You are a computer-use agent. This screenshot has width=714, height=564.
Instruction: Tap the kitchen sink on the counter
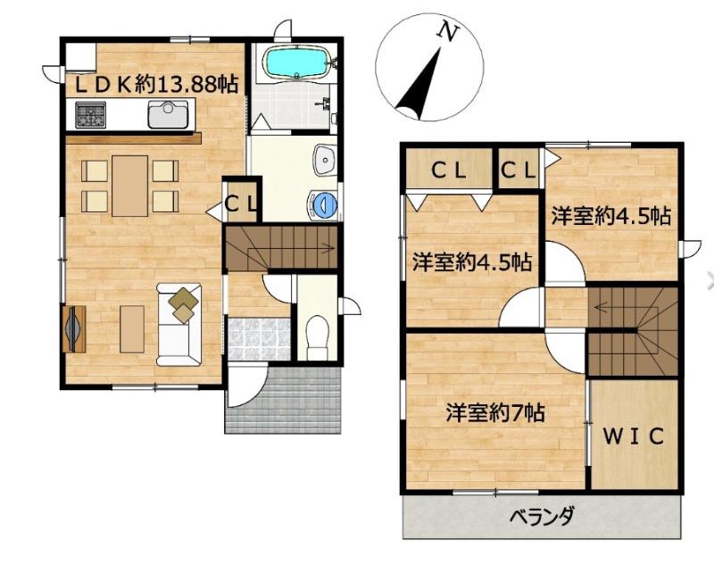168,114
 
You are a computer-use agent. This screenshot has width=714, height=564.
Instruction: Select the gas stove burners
91,114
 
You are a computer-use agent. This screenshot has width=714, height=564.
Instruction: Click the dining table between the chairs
129,186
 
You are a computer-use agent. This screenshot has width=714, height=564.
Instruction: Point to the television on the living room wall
73,328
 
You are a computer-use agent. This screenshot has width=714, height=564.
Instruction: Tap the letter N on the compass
447,32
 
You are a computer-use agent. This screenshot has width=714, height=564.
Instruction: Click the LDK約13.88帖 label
156,85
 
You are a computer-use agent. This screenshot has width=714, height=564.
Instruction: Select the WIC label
634,436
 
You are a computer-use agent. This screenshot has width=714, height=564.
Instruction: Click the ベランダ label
542,517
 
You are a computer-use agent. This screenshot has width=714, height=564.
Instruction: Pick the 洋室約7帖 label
495,413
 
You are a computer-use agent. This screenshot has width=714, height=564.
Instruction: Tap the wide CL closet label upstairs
449,170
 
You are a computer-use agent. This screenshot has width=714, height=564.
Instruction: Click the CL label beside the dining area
242,203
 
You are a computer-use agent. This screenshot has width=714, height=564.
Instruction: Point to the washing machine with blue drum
323,204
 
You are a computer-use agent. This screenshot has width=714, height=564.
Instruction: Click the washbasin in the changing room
325,161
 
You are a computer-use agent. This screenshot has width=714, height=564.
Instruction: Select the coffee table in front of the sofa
132,329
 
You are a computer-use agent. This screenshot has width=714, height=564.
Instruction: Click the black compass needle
419,84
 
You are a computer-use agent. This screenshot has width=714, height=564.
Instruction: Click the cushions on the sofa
184,304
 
